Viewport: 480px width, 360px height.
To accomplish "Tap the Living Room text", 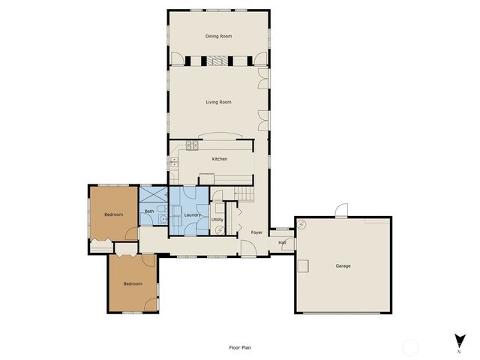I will (x=218, y=102).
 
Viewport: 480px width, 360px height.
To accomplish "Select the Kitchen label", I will (x=219, y=159).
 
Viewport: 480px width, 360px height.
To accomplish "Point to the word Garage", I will (x=343, y=266).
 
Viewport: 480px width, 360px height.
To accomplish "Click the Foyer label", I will (x=256, y=232).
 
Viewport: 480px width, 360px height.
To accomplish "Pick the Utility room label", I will (x=217, y=219).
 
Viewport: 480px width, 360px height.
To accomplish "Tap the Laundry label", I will (x=192, y=215).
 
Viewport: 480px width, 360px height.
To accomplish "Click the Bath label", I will (x=149, y=211).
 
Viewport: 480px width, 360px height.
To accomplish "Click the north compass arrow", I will (x=458, y=340).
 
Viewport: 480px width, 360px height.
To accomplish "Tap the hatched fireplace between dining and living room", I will (x=217, y=61).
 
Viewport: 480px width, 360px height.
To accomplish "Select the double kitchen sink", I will (x=173, y=160).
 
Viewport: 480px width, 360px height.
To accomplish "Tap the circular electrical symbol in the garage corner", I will (x=301, y=224).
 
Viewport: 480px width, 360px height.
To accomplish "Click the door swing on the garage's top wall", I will (x=341, y=211).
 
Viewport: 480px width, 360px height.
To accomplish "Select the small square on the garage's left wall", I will (x=303, y=265).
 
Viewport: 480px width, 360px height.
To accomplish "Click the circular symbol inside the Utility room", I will (x=218, y=230).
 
